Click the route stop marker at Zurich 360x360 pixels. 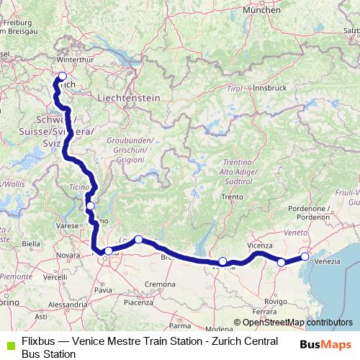[x=62, y=76]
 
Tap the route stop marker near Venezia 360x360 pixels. [x=305, y=256]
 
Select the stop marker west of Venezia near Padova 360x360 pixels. [x=282, y=262]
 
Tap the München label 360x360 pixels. [x=261, y=11]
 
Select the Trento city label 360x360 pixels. [x=231, y=197]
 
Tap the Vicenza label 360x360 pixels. [x=260, y=246]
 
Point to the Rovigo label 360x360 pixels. [x=275, y=301]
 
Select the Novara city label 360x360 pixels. [x=68, y=255]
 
